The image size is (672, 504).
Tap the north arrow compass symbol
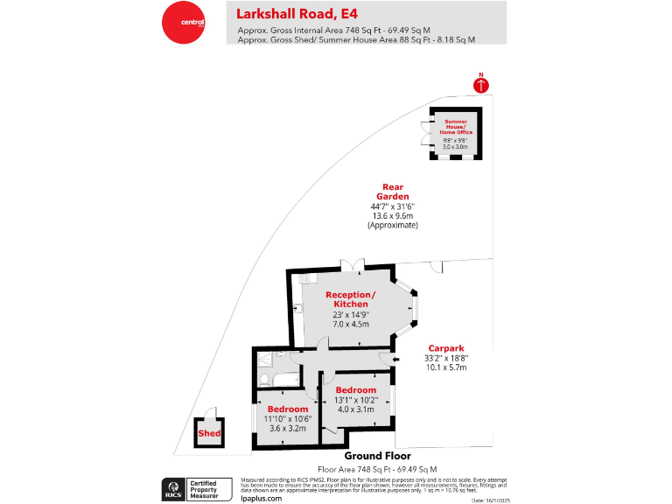480,84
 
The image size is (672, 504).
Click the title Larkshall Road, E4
297,13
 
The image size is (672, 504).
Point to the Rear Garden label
393,191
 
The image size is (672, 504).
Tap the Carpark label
446,347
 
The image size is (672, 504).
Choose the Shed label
210,433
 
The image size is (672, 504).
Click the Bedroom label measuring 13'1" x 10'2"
356,390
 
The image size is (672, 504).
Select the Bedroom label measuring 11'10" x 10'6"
288,409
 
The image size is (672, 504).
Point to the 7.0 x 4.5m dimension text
351,324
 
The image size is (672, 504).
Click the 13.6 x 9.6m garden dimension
393,216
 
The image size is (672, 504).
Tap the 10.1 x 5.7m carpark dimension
446,367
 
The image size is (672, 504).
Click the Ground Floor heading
377,456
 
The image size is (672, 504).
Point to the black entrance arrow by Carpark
395,359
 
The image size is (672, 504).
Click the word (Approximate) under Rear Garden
393,226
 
